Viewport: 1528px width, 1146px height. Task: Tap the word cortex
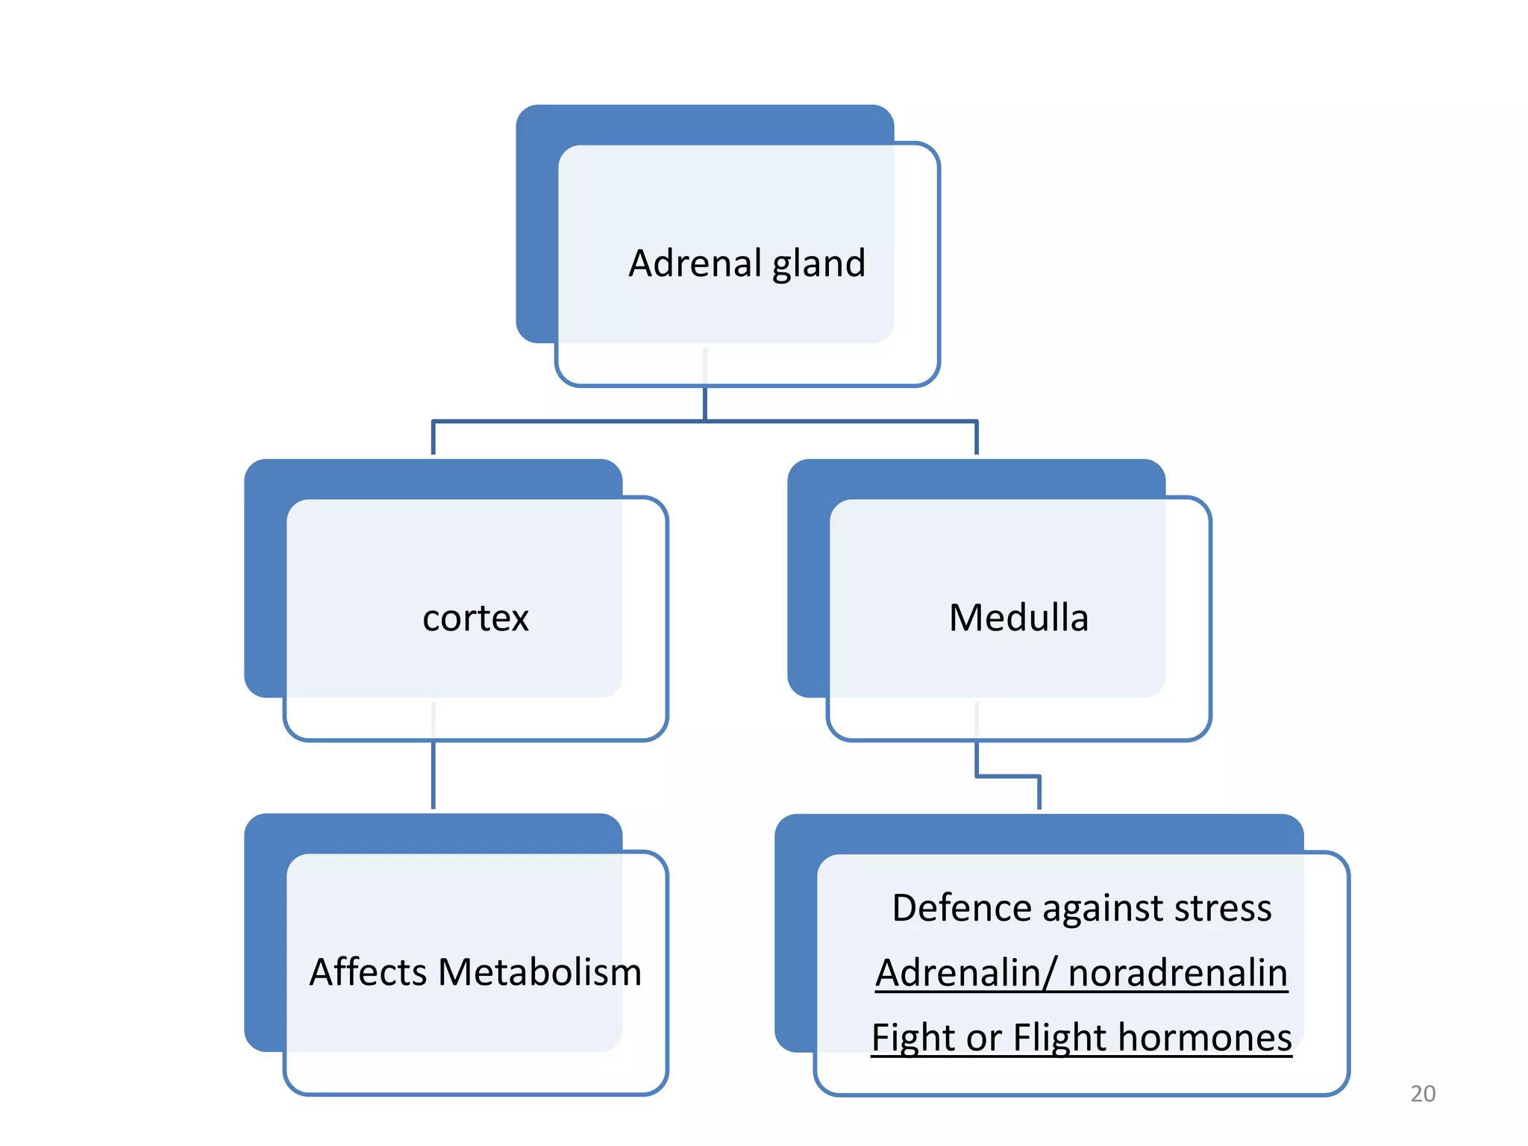pyautogui.click(x=475, y=619)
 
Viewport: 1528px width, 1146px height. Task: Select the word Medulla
pyautogui.click(x=1018, y=619)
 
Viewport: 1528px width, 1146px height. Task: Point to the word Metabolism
pyautogui.click(x=539, y=973)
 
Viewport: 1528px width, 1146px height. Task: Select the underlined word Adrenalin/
pyautogui.click(x=966, y=974)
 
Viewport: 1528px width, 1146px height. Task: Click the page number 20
pyautogui.click(x=1423, y=1094)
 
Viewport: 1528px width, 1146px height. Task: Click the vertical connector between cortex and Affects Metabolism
pyautogui.click(x=433, y=776)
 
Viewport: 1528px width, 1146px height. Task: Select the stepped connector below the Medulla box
pyautogui.click(x=1007, y=777)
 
